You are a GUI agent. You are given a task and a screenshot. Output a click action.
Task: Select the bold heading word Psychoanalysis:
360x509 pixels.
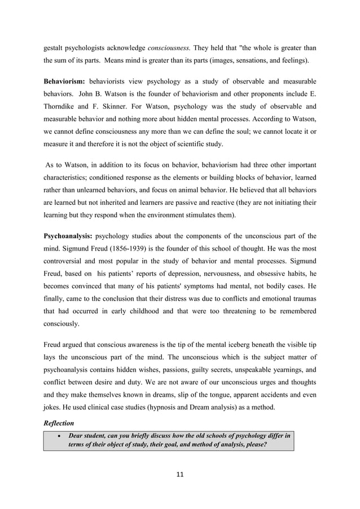(x=68, y=236)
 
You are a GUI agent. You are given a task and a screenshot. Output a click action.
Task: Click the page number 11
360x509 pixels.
(x=179, y=474)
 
